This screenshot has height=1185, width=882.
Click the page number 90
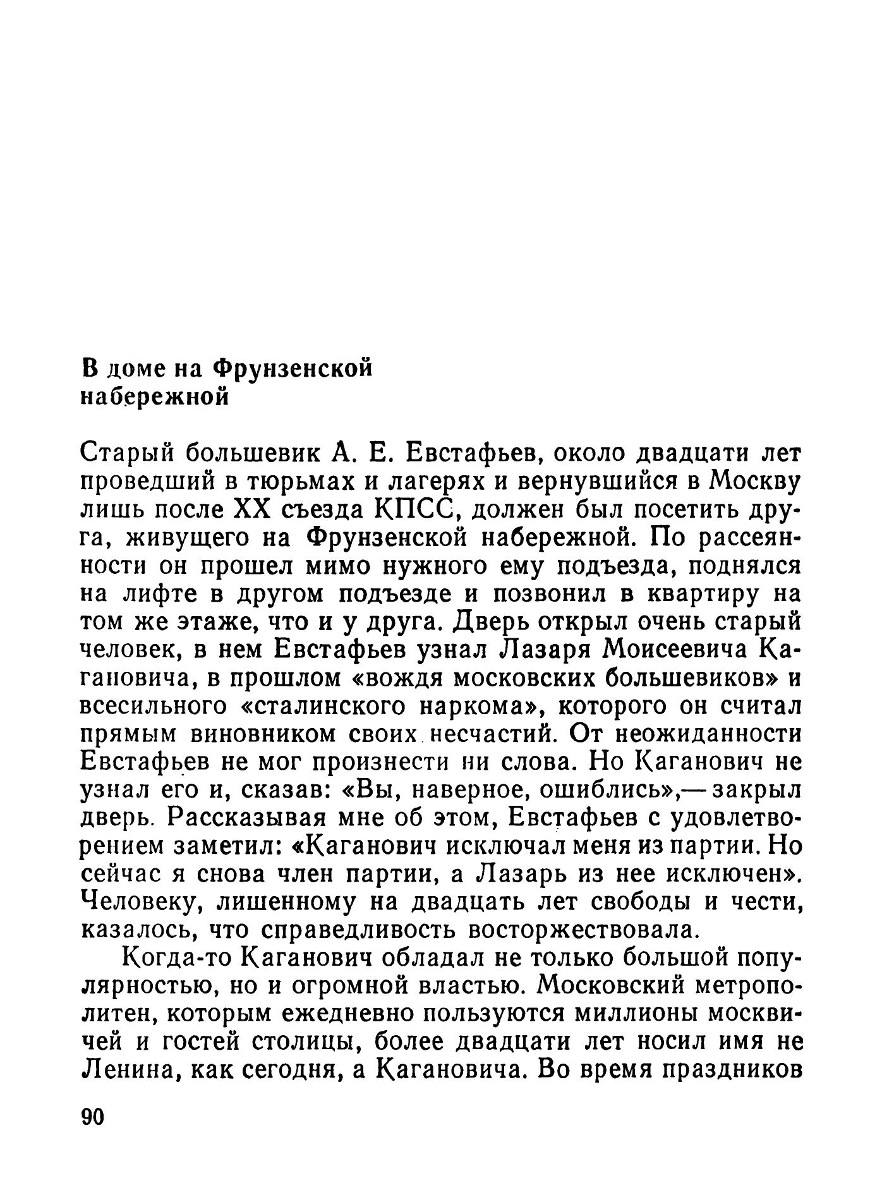coord(92,1117)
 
